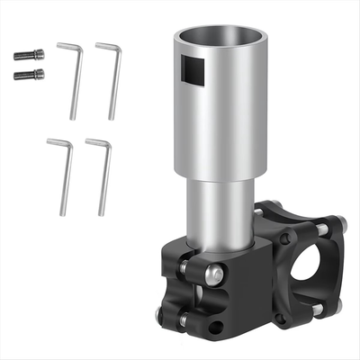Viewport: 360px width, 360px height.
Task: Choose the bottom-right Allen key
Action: [103, 175]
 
